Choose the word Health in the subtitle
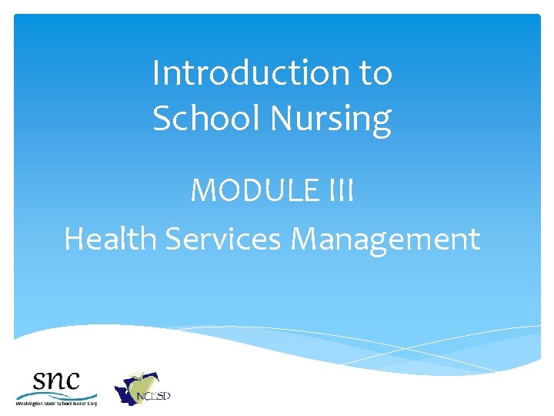coord(111,239)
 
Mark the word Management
coord(385,239)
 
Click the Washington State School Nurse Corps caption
coord(56,403)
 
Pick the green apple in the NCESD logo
coord(142,383)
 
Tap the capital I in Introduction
coord(156,74)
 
